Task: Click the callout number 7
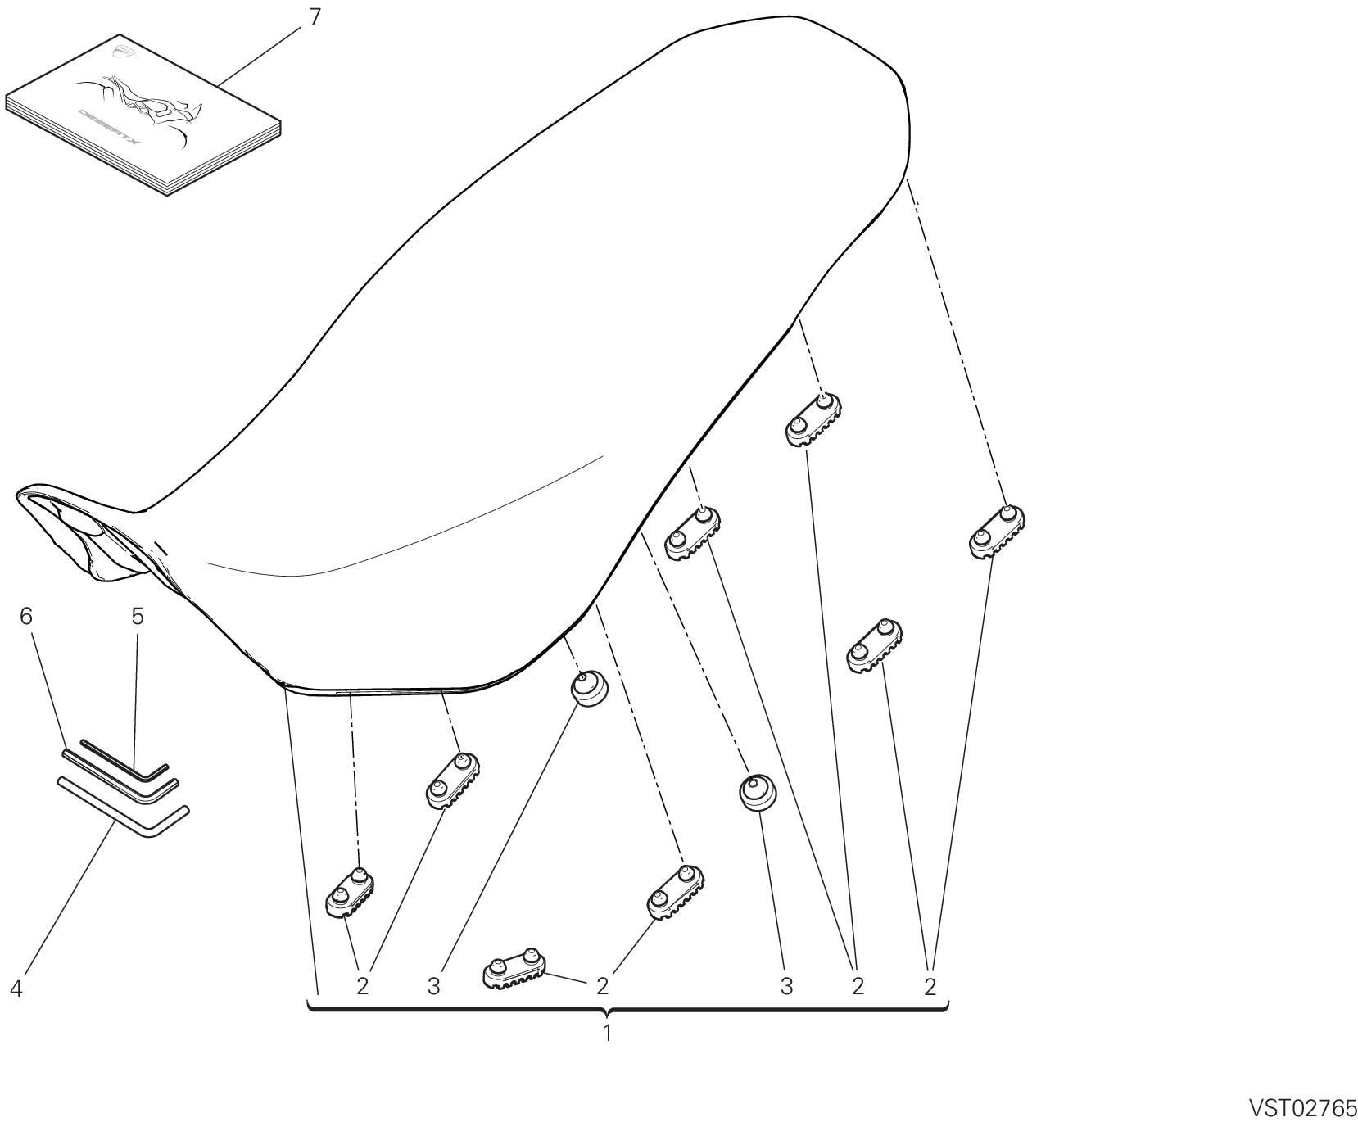pyautogui.click(x=316, y=16)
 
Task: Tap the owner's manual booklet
pyautogui.click(x=143, y=115)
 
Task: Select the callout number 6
pyautogui.click(x=27, y=616)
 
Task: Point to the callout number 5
pyautogui.click(x=138, y=616)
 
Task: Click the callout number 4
pyautogui.click(x=16, y=989)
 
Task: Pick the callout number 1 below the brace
pyautogui.click(x=607, y=1033)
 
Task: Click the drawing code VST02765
pyautogui.click(x=1301, y=1108)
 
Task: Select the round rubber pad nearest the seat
pyautogui.click(x=589, y=688)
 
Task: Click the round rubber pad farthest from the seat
pyautogui.click(x=758, y=791)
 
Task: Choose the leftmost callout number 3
pyautogui.click(x=434, y=987)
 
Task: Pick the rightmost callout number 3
pyautogui.click(x=786, y=987)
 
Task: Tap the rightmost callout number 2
pyautogui.click(x=930, y=987)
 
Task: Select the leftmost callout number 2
pyautogui.click(x=363, y=987)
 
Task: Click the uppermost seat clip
pyautogui.click(x=813, y=419)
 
